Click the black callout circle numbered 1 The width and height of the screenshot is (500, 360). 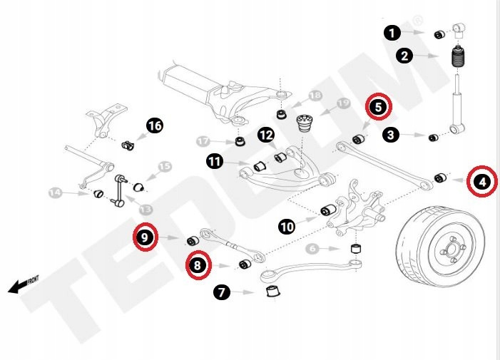(x=391, y=32)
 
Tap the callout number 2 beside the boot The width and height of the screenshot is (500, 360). (x=404, y=55)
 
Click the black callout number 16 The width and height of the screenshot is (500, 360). (x=154, y=126)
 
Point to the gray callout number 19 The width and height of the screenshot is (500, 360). (x=343, y=103)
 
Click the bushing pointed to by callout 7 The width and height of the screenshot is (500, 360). (x=271, y=292)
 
